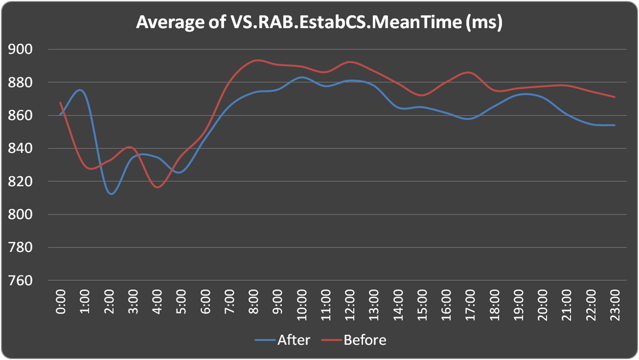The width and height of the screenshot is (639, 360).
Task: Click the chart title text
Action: pos(319,23)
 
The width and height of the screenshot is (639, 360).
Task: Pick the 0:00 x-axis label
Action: pos(61,302)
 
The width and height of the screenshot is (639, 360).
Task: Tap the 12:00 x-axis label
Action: pos(350,302)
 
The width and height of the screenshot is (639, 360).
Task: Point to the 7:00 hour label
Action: pos(229,302)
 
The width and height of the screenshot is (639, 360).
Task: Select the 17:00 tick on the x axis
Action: pos(470,302)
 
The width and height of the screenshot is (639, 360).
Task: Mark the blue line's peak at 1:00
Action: pos(81,90)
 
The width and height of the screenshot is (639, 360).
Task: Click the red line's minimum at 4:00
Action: pos(158,187)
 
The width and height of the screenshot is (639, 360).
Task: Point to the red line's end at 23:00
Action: pos(614,97)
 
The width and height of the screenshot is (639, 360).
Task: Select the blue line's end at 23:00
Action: pos(614,125)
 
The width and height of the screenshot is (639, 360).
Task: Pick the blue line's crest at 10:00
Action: pos(302,77)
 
